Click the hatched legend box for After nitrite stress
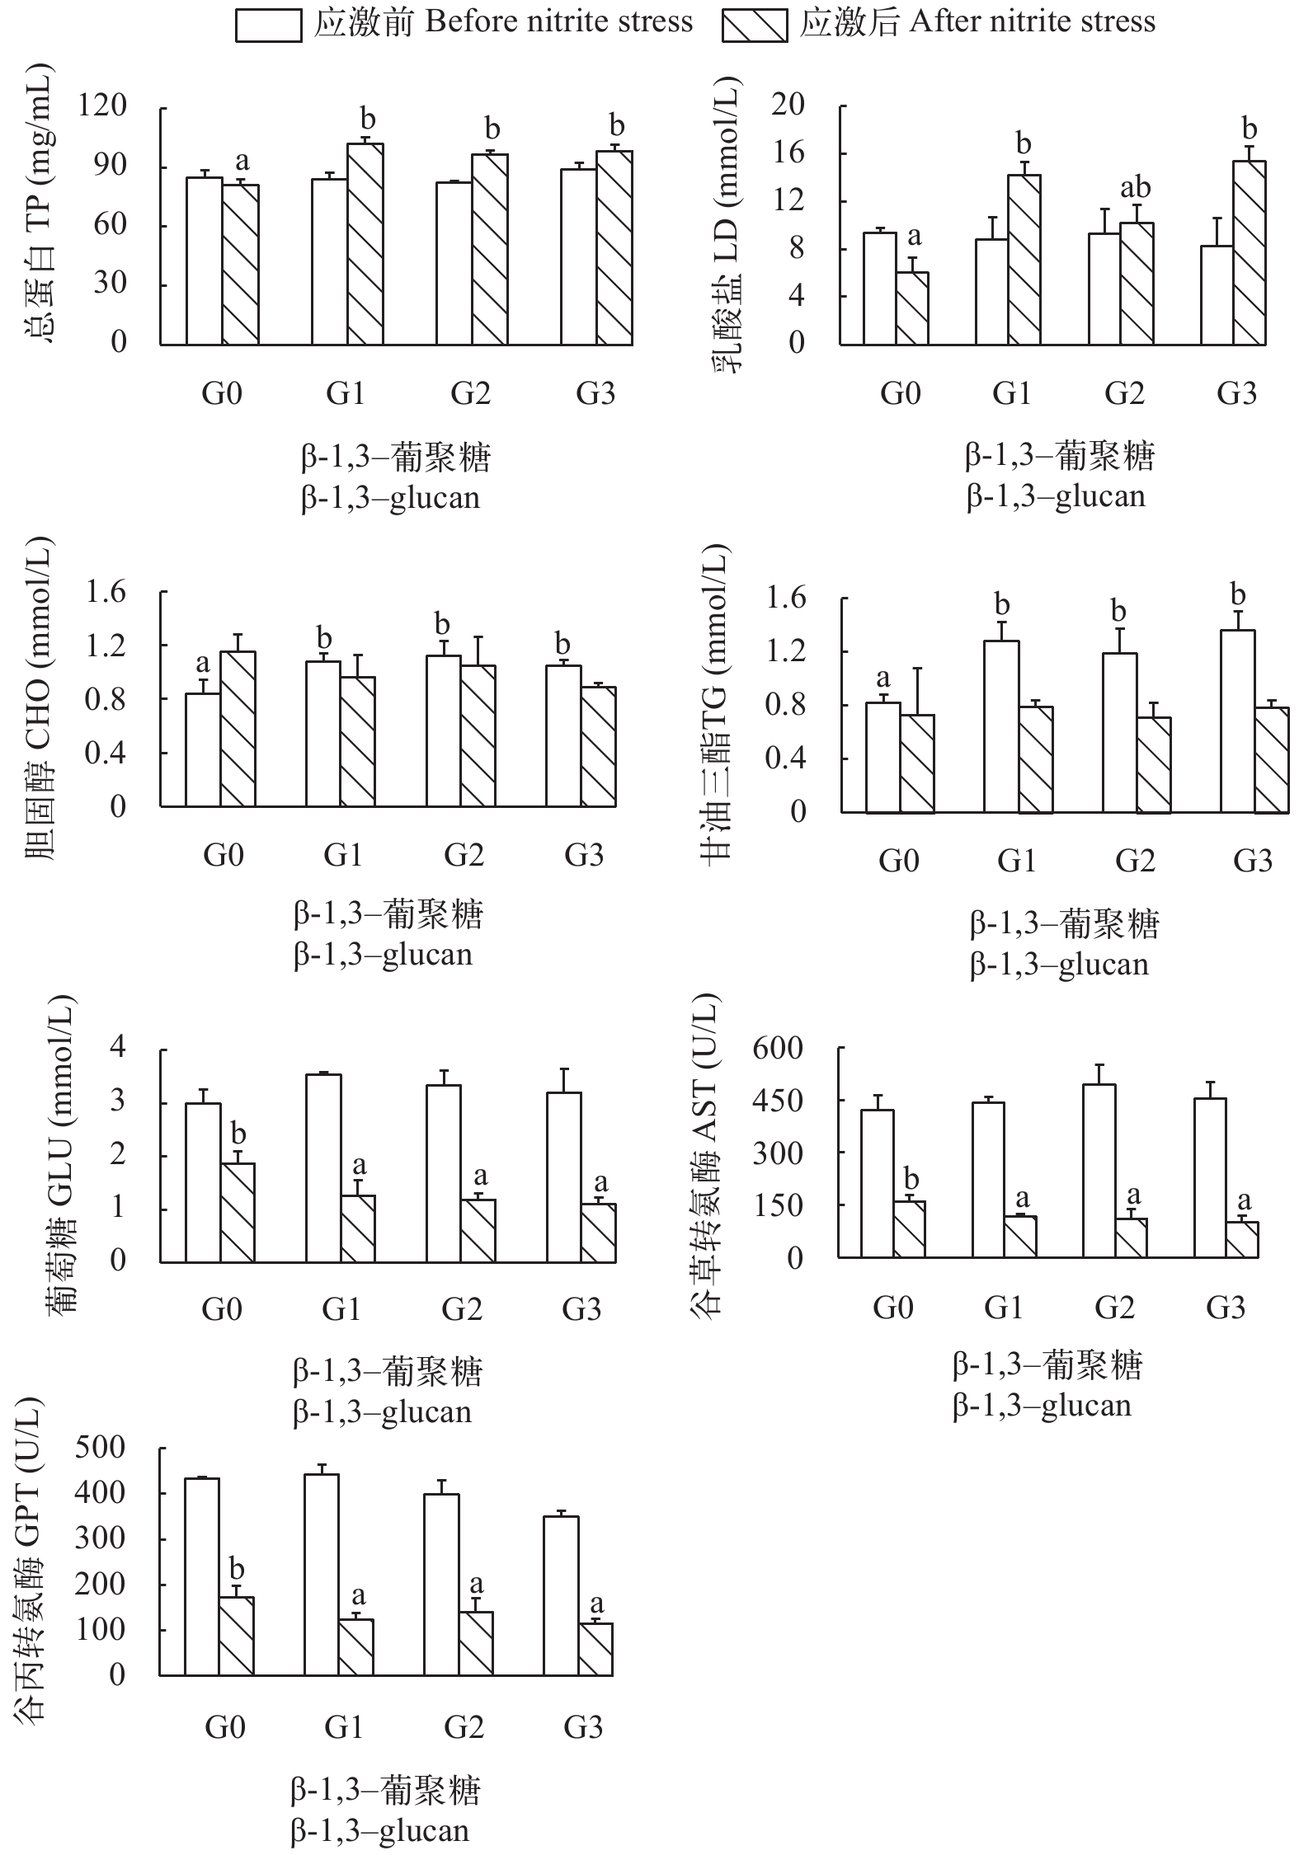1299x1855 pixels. click(x=753, y=25)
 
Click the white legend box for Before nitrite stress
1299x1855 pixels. click(x=267, y=25)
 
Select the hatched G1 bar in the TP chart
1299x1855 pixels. click(x=365, y=244)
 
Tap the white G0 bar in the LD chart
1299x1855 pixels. click(x=880, y=289)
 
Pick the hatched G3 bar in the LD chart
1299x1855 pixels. click(x=1249, y=252)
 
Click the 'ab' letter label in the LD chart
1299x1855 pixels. click(x=1135, y=188)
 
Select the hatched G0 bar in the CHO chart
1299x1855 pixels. click(x=238, y=729)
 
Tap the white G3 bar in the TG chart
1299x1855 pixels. click(x=1237, y=721)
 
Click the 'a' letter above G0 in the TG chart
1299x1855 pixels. click(x=883, y=679)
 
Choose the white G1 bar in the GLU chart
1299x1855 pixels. click(x=322, y=1168)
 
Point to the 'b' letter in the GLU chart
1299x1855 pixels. click(x=238, y=1134)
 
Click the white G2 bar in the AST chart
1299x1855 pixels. click(x=1099, y=1171)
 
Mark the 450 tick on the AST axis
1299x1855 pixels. click(x=777, y=1101)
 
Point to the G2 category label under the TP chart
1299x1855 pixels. click(x=470, y=393)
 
